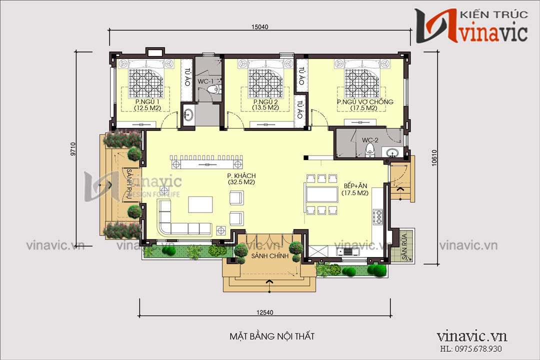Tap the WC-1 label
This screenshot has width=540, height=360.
point(204,81)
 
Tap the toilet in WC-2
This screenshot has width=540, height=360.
point(370,149)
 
